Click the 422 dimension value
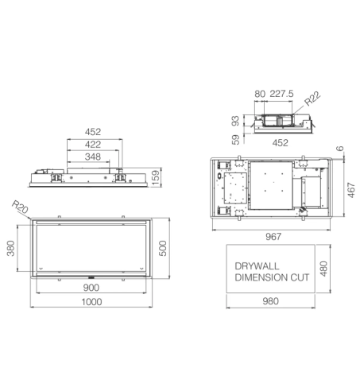pos(94,145)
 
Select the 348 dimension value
pos(94,158)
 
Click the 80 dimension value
pos(259,94)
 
